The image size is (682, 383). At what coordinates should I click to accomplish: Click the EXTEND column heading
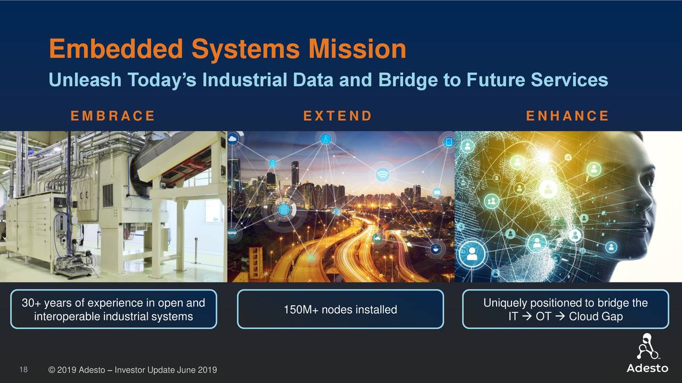tap(338, 116)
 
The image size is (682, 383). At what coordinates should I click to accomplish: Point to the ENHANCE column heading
tap(567, 116)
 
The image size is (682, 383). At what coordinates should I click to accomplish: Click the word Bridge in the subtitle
tap(409, 80)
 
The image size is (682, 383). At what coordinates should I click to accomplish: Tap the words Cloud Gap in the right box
tap(596, 317)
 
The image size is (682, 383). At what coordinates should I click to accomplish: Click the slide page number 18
tap(23, 370)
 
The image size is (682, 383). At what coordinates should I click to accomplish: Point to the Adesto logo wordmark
tap(647, 368)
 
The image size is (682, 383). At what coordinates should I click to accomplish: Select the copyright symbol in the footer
tap(52, 370)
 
